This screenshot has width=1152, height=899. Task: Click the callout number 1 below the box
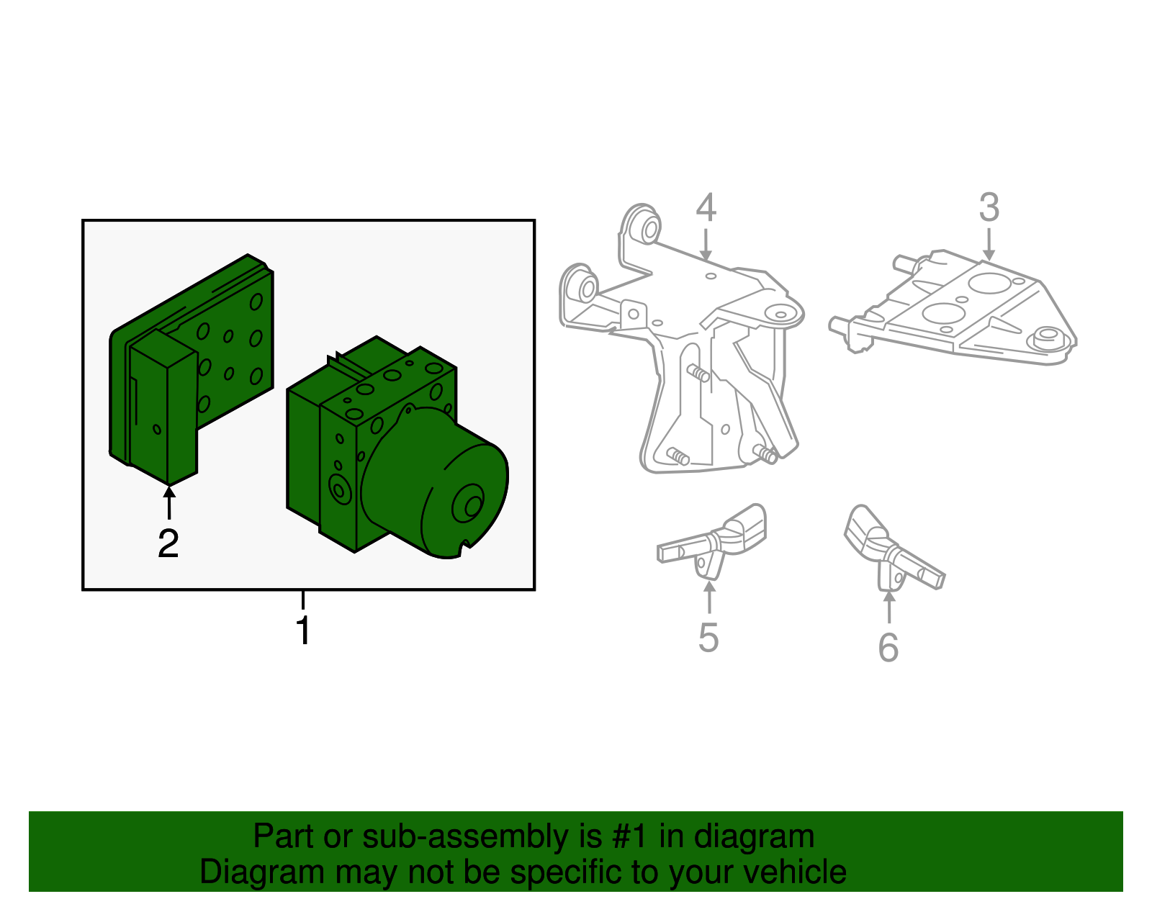click(x=303, y=630)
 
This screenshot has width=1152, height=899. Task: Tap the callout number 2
click(x=168, y=543)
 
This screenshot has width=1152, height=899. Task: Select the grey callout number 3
click(x=989, y=207)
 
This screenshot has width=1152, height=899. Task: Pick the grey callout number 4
click(x=706, y=207)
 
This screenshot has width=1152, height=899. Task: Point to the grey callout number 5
click(x=708, y=637)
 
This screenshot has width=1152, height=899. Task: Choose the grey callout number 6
click(x=888, y=647)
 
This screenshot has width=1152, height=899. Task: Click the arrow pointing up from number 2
click(x=169, y=502)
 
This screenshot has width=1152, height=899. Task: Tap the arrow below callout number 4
click(x=705, y=244)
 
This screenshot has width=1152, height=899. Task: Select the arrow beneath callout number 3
click(x=988, y=244)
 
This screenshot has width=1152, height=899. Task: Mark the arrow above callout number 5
click(x=709, y=597)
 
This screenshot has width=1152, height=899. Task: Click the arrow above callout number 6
click(x=889, y=607)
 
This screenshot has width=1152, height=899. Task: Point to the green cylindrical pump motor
click(x=435, y=483)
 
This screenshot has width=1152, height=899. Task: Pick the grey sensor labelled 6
click(x=894, y=548)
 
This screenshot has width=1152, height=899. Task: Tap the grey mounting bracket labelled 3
click(x=953, y=308)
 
